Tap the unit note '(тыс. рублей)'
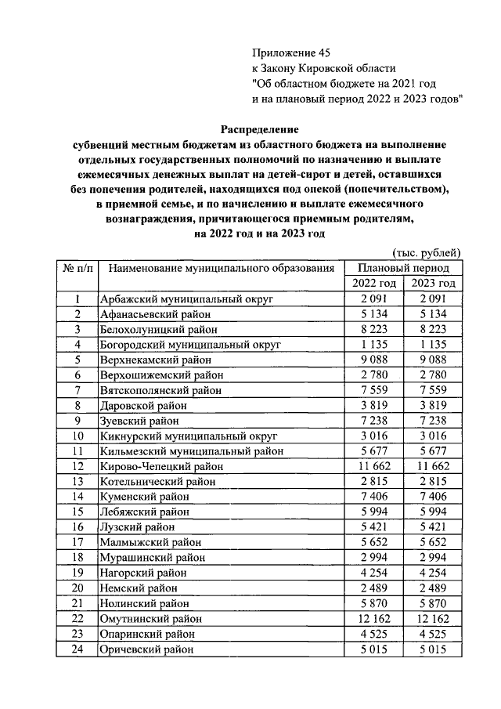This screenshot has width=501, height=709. point(425,251)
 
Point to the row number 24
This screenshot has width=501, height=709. point(77,649)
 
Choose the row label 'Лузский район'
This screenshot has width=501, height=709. point(135,526)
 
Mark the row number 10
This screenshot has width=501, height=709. point(77,436)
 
